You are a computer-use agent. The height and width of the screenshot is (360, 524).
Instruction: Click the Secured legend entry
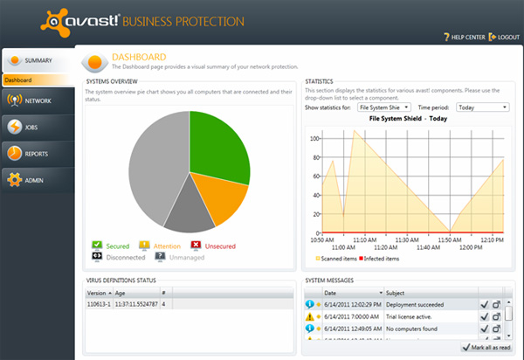pos(117,246)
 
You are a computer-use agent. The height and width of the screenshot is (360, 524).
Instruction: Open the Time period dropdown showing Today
pos(482,107)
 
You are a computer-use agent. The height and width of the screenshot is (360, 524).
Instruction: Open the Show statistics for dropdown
pos(385,107)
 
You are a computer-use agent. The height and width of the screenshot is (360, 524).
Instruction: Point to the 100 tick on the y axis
pos(314,138)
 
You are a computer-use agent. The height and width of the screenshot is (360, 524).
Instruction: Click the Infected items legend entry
pos(379,259)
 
